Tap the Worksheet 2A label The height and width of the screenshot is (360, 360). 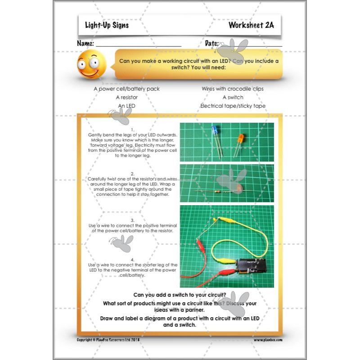(x=251, y=25)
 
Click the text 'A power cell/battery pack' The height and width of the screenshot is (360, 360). (x=126, y=89)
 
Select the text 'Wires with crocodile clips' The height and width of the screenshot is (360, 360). (x=233, y=89)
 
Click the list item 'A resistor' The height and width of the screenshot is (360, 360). (x=126, y=97)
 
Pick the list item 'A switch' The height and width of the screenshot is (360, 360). (x=233, y=97)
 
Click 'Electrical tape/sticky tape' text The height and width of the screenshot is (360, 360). (x=233, y=106)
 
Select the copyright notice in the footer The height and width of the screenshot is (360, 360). (x=109, y=340)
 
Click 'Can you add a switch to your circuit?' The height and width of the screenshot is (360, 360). (x=180, y=295)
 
